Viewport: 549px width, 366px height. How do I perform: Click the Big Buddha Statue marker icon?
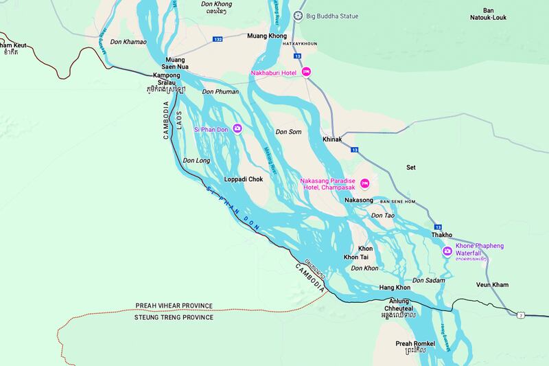[298, 15]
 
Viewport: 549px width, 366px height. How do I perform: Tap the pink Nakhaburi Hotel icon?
[307, 71]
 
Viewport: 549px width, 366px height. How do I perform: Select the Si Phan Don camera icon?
[237, 128]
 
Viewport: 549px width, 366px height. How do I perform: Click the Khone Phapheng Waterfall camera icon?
[448, 251]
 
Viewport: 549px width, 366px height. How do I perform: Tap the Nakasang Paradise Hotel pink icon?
[365, 183]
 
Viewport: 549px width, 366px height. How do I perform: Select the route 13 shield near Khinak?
[355, 149]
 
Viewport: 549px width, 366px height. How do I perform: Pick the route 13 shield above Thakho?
[436, 225]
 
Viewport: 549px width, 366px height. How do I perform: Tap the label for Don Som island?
[288, 131]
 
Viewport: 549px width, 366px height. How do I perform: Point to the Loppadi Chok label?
[244, 179]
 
